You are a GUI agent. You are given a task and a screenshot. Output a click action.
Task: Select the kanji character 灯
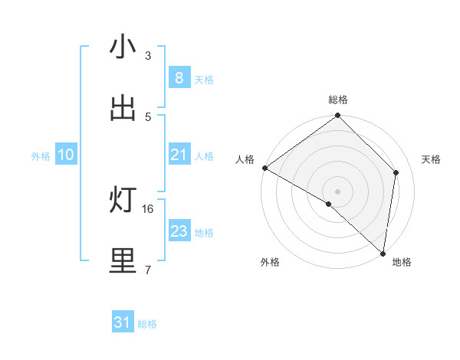pyautogui.click(x=123, y=201)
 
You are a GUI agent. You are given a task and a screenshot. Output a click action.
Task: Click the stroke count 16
pyautogui.click(x=149, y=208)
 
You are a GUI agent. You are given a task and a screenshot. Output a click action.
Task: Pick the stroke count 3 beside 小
pyautogui.click(x=148, y=56)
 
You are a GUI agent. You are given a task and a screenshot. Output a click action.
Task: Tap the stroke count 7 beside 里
pyautogui.click(x=148, y=270)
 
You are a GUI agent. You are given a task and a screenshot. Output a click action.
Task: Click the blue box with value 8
pyautogui.click(x=179, y=78)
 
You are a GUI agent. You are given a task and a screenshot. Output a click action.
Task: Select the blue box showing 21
pyautogui.click(x=179, y=155)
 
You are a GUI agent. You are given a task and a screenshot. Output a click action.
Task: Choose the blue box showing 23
pyautogui.click(x=179, y=231)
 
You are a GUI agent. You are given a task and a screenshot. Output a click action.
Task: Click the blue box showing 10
pyautogui.click(x=66, y=155)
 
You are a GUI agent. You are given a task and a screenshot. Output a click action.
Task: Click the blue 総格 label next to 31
pyautogui.click(x=147, y=324)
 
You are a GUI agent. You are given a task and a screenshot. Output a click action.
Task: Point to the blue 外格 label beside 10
pyautogui.click(x=41, y=155)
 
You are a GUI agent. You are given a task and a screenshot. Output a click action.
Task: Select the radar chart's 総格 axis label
pyautogui.click(x=338, y=100)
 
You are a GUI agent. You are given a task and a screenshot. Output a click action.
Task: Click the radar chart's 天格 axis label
pyautogui.click(x=432, y=159)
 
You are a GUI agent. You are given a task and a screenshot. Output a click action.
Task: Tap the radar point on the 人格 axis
pyautogui.click(x=264, y=168)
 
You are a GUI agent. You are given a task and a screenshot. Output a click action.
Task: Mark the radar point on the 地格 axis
pyautogui.click(x=383, y=253)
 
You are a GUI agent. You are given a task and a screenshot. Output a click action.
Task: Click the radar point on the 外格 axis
pyautogui.click(x=329, y=204)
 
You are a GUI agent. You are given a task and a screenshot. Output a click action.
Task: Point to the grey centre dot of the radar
pyautogui.click(x=338, y=191)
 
